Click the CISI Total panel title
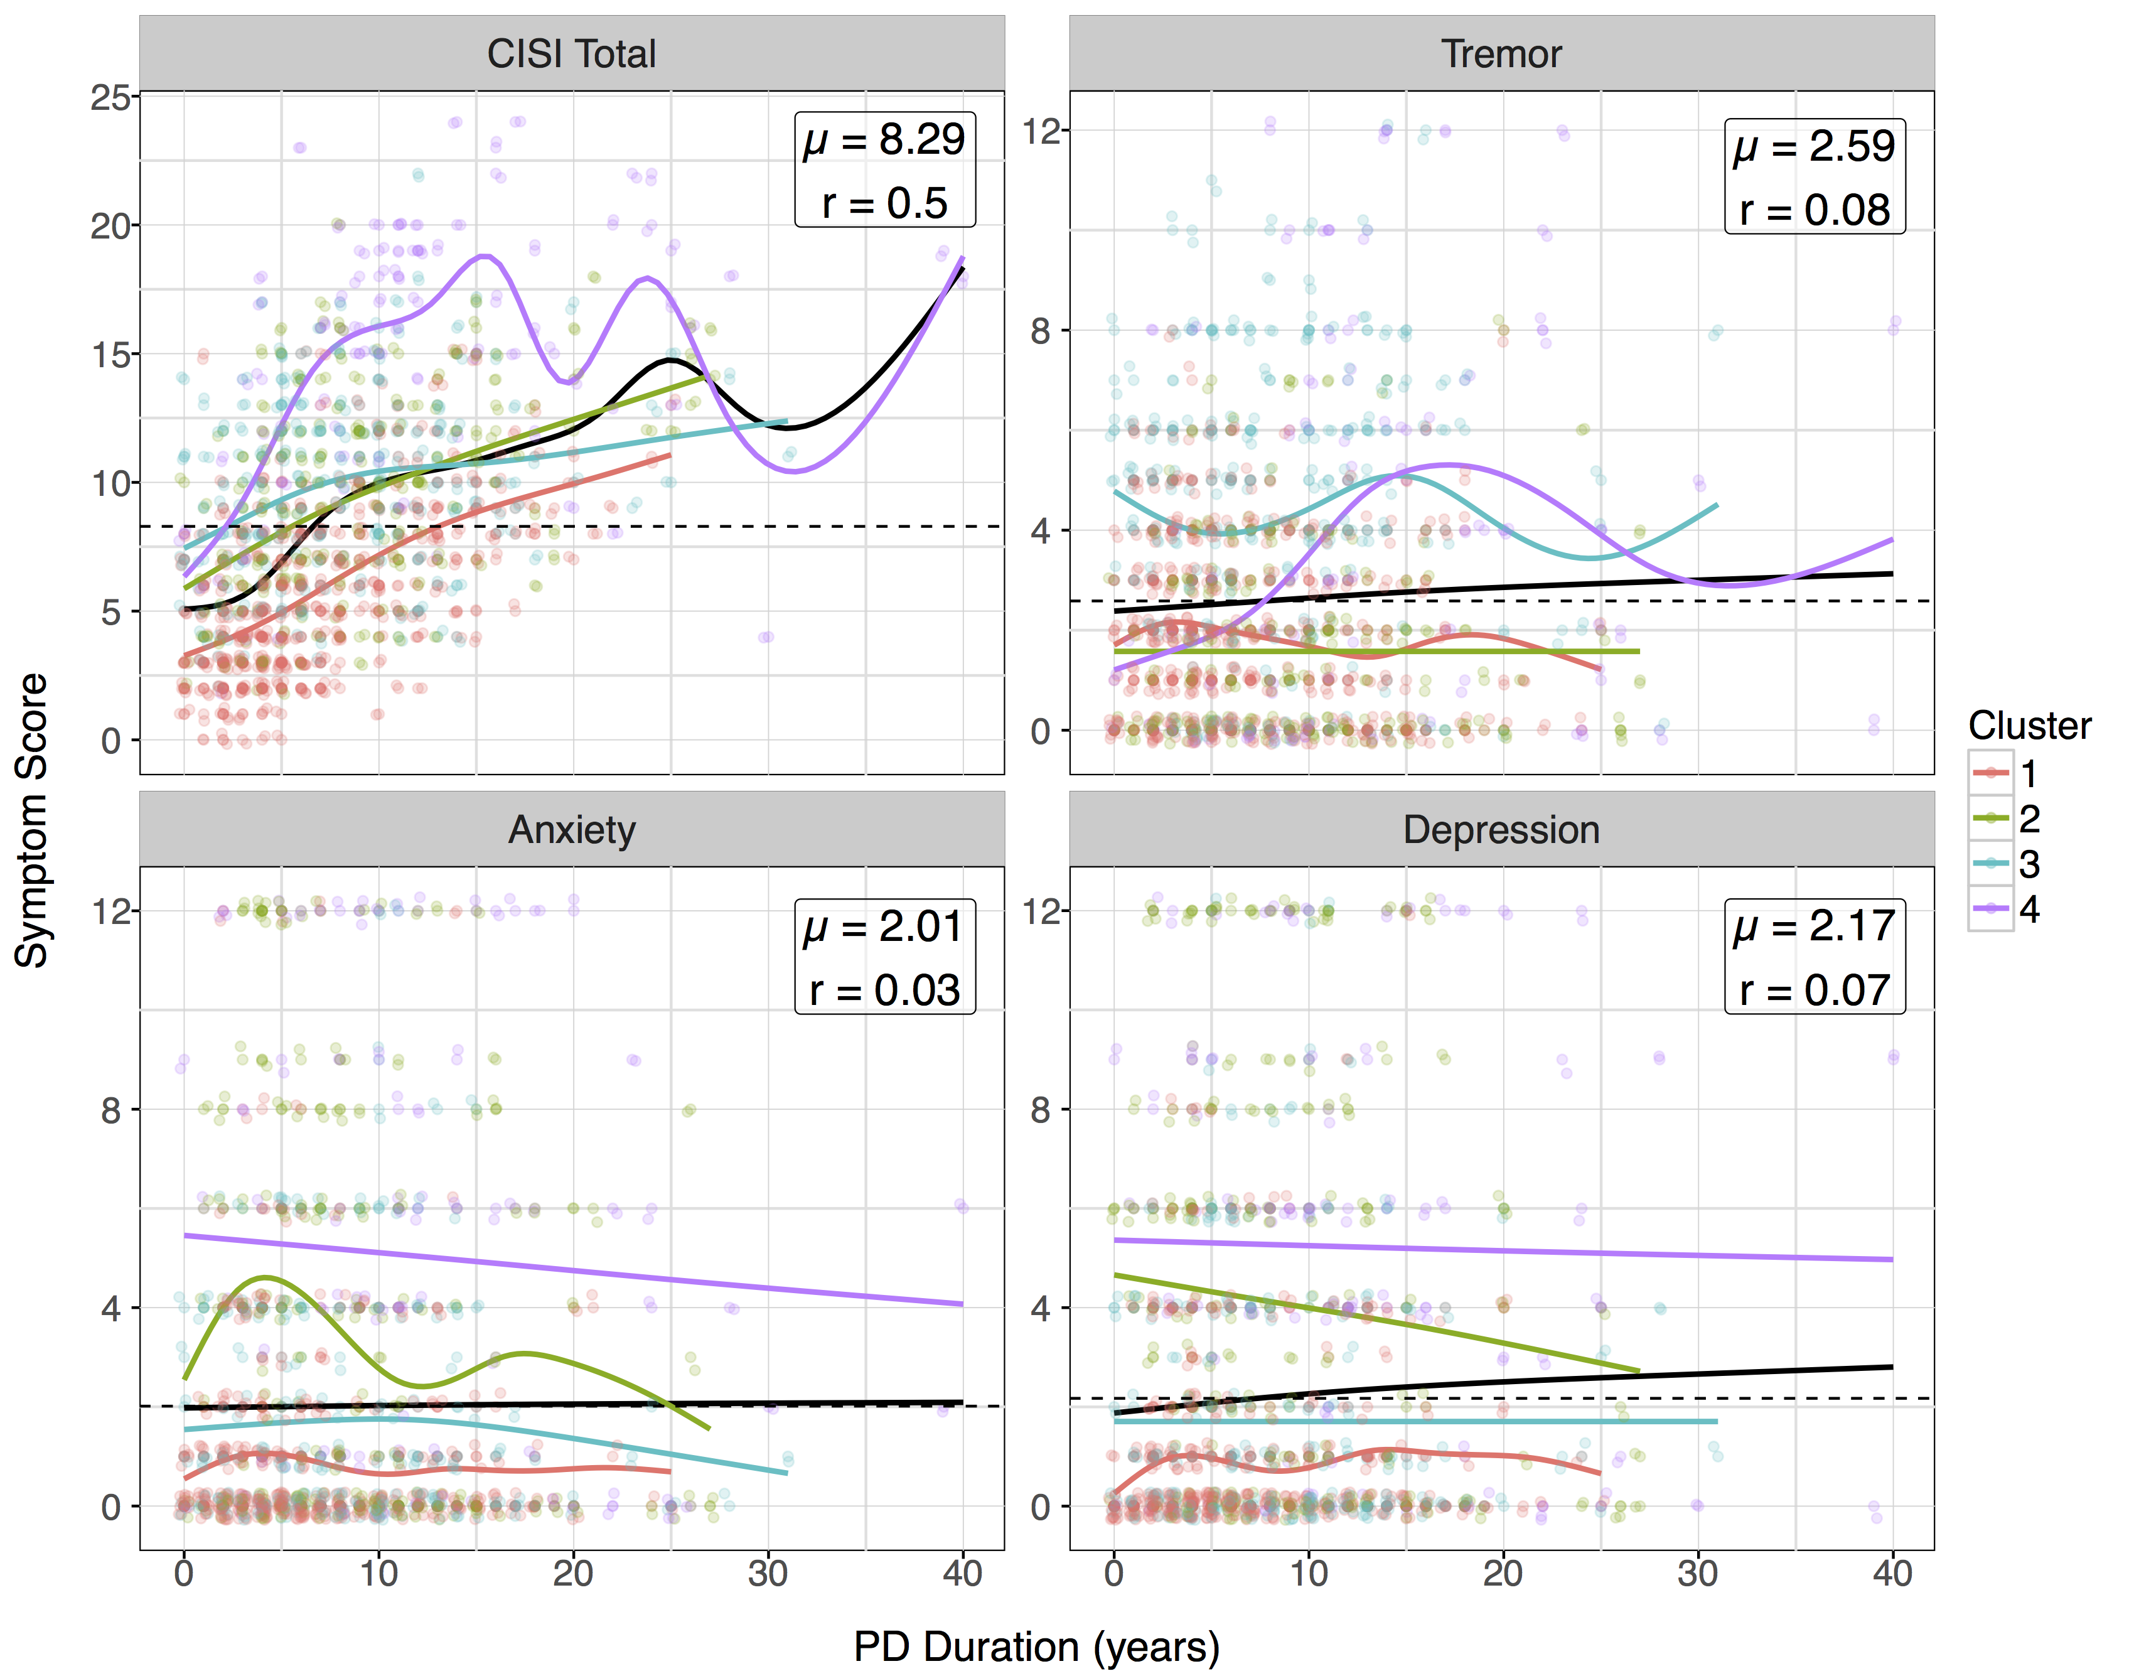(571, 54)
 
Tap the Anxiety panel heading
(571, 830)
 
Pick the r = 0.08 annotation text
(1815, 210)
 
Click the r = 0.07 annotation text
(1815, 990)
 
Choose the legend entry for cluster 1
(2007, 774)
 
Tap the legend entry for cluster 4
(2007, 910)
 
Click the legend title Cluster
(2029, 726)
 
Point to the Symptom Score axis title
(33, 820)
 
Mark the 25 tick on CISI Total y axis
(110, 97)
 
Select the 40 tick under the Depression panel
(1892, 1574)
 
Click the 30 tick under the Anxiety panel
(768, 1574)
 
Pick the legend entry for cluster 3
(2007, 864)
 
